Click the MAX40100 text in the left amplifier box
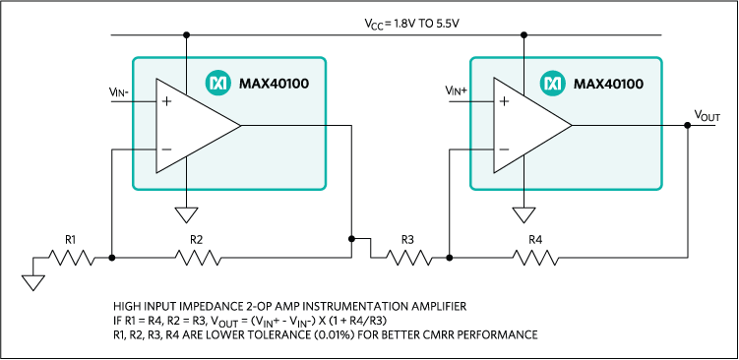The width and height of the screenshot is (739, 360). click(x=275, y=84)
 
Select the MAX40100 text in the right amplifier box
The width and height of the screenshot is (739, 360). click(x=610, y=84)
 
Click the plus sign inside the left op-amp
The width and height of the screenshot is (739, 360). click(x=165, y=101)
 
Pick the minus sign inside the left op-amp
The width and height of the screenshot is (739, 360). click(x=165, y=150)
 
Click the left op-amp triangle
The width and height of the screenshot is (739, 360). click(x=192, y=126)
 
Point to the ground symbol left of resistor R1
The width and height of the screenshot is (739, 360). click(x=33, y=283)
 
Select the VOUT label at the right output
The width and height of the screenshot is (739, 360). click(x=706, y=117)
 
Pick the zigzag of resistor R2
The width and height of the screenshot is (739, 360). click(x=196, y=258)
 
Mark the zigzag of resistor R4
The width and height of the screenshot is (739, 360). click(x=535, y=258)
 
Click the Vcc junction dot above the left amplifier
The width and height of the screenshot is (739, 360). click(x=186, y=36)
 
